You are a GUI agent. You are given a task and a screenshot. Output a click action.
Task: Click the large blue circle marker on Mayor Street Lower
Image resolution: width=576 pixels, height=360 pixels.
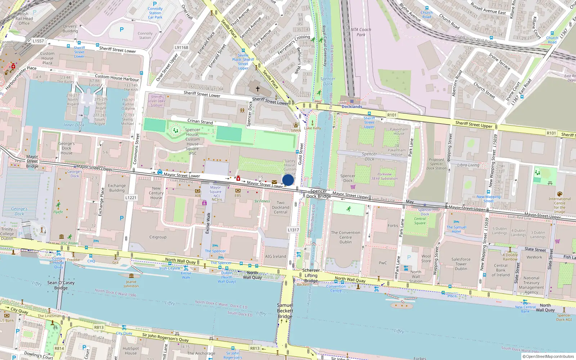tap(288, 180)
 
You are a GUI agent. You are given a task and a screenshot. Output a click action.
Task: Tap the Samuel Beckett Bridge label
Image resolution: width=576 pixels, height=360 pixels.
tap(285, 311)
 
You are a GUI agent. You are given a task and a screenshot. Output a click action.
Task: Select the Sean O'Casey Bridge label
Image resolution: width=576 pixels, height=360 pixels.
tap(61, 285)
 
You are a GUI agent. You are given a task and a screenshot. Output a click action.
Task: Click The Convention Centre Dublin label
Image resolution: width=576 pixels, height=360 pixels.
tap(346, 237)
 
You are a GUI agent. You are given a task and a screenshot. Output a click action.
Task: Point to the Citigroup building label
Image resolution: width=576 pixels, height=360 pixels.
tap(158, 237)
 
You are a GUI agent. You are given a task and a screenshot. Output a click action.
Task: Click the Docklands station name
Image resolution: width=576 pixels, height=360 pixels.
tap(352, 107)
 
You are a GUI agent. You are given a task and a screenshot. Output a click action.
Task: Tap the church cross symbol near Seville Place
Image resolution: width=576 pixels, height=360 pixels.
tap(258, 89)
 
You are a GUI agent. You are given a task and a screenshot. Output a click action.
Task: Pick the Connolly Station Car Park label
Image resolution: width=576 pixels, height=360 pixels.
tap(155, 13)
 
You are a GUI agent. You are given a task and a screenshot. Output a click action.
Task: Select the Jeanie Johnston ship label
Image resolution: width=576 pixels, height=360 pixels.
tap(131, 284)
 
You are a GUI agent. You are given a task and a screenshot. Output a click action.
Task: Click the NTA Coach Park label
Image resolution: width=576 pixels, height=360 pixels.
tap(361, 32)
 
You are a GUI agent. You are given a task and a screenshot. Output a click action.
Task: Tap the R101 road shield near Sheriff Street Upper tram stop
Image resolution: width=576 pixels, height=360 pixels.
tap(392, 115)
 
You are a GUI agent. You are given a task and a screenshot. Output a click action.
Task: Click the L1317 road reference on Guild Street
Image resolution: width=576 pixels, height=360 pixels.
tap(293, 230)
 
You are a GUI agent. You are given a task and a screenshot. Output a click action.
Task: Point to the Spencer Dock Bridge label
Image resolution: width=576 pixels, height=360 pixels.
tap(319, 194)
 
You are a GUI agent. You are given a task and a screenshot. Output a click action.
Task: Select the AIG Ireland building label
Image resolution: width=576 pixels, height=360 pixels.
tap(275, 256)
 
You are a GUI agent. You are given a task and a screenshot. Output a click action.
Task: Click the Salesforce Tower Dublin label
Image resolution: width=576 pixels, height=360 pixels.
tap(461, 264)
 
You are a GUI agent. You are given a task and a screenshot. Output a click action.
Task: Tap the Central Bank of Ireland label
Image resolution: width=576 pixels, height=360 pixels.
tap(501, 270)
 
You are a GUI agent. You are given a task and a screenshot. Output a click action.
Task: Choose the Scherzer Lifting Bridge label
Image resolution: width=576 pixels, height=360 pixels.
tap(311, 275)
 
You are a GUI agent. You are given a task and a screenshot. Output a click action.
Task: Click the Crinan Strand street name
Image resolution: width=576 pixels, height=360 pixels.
tap(200, 121)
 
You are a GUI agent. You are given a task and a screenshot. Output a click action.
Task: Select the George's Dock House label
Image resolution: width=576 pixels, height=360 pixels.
tap(67, 148)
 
